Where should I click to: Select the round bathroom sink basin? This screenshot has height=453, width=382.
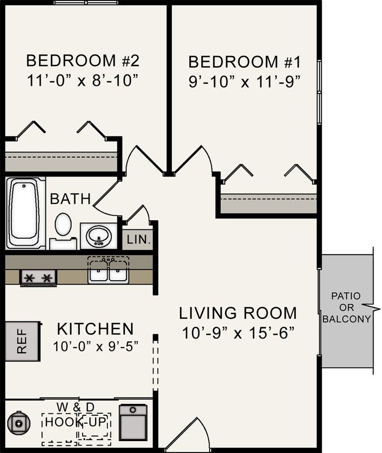coord(99,236)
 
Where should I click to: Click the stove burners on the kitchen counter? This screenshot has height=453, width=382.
coord(38,278)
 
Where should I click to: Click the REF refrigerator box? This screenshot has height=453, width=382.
coord(23,341)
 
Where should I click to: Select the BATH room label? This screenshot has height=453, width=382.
coord(70,199)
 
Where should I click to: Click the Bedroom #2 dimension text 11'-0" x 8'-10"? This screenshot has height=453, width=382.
coord(82,80)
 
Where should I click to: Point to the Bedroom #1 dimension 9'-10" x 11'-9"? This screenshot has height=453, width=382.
coord(245,82)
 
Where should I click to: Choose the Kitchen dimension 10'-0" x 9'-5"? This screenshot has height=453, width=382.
coord(96,346)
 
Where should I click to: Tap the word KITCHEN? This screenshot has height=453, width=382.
coord(95,328)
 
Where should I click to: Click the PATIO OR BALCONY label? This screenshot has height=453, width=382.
coord(347,307)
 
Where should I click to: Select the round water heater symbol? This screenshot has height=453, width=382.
coord(19,424)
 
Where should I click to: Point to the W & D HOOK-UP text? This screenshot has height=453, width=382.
coord(76,415)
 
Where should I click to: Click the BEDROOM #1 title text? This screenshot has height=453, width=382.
coord(245,62)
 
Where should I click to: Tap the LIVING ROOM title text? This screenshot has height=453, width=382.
coord(238,313)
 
